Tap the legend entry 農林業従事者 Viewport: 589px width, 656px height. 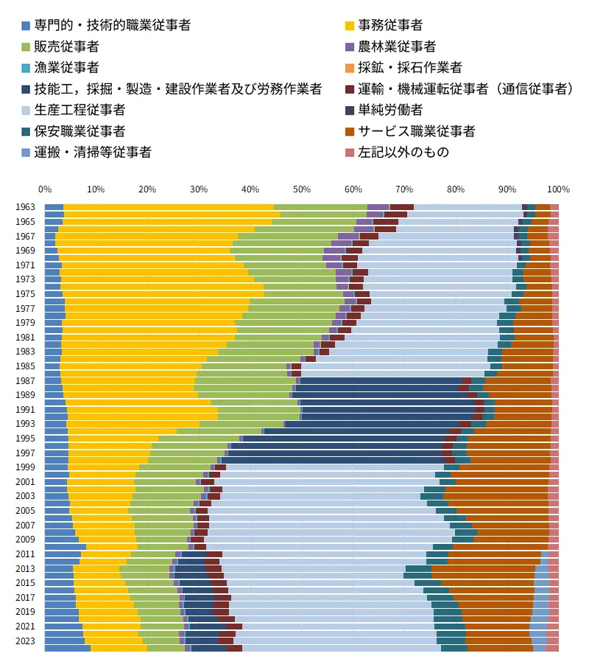[397, 46]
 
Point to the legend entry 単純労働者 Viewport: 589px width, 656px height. [390, 110]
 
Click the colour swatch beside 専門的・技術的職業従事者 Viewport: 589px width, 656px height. [27, 26]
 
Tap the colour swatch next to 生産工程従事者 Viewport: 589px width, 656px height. [27, 111]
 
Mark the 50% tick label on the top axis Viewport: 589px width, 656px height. [301, 189]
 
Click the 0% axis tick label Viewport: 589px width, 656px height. [45, 189]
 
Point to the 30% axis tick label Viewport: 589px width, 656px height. [199, 189]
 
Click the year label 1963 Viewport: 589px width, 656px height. [25, 208]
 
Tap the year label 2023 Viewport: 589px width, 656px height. [25, 641]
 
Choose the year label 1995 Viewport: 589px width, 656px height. [25, 439]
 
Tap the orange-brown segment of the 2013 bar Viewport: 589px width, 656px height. [483, 568]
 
